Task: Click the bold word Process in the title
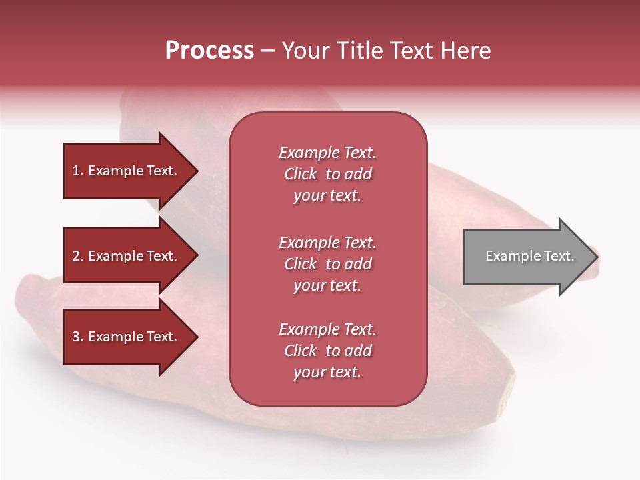pyautogui.click(x=209, y=51)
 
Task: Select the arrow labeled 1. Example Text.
pyautogui.click(x=127, y=171)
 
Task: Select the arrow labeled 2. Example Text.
pyautogui.click(x=127, y=256)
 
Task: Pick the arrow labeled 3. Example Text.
pyautogui.click(x=127, y=337)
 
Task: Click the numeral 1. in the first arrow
pyautogui.click(x=78, y=171)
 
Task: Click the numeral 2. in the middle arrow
pyautogui.click(x=78, y=256)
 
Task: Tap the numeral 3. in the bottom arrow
pyautogui.click(x=78, y=337)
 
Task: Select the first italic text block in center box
pyautogui.click(x=327, y=174)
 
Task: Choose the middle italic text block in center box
pyautogui.click(x=327, y=264)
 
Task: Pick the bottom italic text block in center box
pyautogui.click(x=327, y=351)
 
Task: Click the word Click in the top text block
pyautogui.click(x=301, y=174)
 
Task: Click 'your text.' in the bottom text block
pyautogui.click(x=327, y=372)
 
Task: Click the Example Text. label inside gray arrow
pyautogui.click(x=529, y=256)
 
